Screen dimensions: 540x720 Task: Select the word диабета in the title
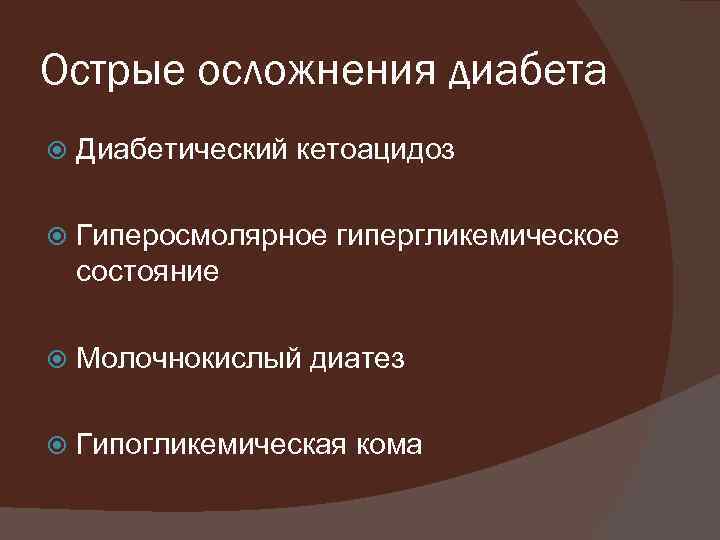[520, 72]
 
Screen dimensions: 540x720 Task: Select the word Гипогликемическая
[211, 443]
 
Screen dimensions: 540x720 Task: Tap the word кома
[390, 443]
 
